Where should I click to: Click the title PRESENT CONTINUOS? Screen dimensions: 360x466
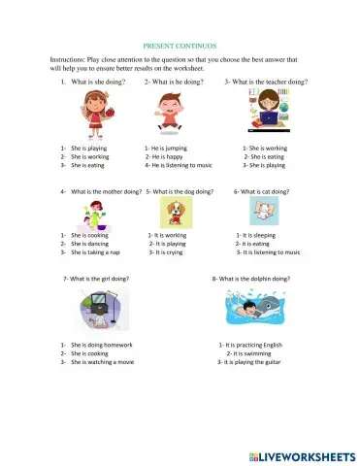click(x=180, y=46)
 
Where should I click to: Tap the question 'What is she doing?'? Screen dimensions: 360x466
click(x=99, y=82)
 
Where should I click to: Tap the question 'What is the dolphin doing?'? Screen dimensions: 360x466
click(x=251, y=279)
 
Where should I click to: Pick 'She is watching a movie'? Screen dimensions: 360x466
click(x=103, y=362)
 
